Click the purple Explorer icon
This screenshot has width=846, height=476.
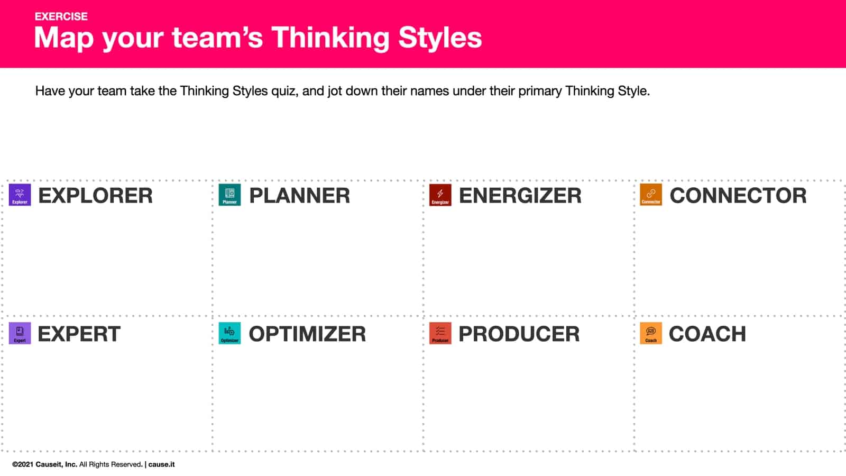[20, 195]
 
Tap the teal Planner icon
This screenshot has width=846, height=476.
[229, 195]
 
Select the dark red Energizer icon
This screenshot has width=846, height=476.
[440, 195]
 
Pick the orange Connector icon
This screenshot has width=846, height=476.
[650, 195]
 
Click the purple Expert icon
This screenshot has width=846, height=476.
[20, 333]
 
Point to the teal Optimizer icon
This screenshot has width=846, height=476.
[229, 333]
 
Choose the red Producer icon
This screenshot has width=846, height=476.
[440, 333]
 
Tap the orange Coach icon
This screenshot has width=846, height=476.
[650, 333]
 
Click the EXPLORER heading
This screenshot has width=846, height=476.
[95, 196]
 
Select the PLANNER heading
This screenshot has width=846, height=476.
[299, 196]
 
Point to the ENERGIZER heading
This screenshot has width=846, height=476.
[520, 196]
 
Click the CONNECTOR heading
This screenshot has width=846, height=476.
[738, 196]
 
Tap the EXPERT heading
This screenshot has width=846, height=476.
[79, 334]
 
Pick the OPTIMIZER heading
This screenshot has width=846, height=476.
[307, 334]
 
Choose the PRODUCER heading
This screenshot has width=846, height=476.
[519, 334]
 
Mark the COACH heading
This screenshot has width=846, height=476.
[707, 334]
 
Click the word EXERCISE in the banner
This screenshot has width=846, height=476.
[61, 16]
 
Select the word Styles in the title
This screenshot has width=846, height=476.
[440, 38]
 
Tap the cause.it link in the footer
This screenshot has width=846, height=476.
[161, 464]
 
